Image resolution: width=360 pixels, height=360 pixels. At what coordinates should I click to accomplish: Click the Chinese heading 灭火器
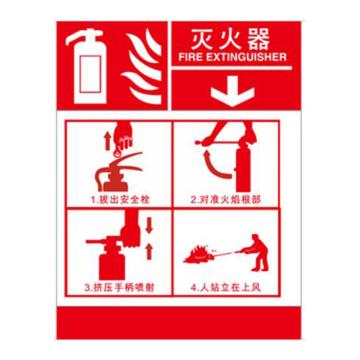[x=230, y=40]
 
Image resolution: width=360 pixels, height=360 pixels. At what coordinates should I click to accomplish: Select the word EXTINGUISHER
[x=245, y=57]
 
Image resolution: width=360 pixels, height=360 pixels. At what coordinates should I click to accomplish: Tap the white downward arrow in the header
[x=233, y=91]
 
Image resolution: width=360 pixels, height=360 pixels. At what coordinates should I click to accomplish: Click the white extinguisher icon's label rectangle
[x=90, y=74]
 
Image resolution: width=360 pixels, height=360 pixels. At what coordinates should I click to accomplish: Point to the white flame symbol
[x=143, y=66]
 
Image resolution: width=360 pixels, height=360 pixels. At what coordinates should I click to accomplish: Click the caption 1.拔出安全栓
[x=120, y=200]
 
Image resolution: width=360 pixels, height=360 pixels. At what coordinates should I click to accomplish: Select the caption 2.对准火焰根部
[x=226, y=200]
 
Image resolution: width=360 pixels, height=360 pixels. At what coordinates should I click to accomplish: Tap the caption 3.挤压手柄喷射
[x=119, y=288]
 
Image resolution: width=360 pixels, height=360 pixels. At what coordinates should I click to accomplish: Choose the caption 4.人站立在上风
[x=226, y=288]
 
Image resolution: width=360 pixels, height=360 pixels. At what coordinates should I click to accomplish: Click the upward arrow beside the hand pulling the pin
[x=108, y=141]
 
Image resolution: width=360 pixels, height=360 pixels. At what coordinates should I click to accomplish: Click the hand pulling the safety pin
[x=123, y=137]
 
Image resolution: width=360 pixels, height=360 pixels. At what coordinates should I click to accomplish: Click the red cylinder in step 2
[x=243, y=167]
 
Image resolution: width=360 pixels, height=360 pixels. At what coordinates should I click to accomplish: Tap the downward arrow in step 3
[x=149, y=226]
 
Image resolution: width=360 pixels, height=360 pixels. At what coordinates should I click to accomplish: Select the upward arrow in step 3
[x=149, y=252]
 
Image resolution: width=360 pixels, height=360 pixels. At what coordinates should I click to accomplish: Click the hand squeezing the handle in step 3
[x=131, y=230]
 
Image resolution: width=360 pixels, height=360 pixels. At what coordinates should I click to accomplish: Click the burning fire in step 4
[x=199, y=255]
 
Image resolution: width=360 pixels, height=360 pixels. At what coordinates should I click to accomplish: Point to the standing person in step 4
[x=257, y=252]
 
